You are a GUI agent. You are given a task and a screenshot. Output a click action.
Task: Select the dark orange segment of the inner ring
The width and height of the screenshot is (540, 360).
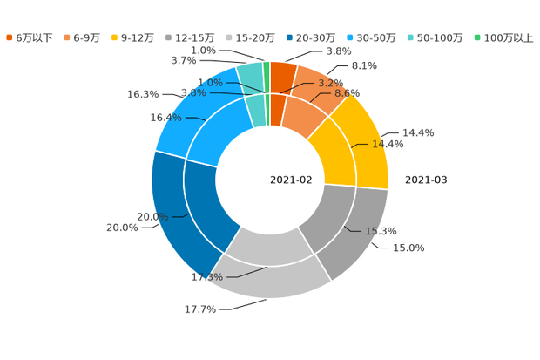[x=278, y=107]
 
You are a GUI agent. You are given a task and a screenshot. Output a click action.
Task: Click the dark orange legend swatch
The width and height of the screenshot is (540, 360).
[x=10, y=37]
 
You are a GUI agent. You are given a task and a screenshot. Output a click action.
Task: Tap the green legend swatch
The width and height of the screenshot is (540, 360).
[x=476, y=37]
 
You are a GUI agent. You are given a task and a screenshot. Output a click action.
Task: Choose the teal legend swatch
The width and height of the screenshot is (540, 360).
[x=410, y=37]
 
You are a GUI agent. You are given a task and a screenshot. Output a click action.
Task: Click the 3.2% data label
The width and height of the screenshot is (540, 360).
[x=329, y=83]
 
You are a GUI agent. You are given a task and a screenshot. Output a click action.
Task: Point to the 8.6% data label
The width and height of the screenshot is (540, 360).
[x=348, y=92]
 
